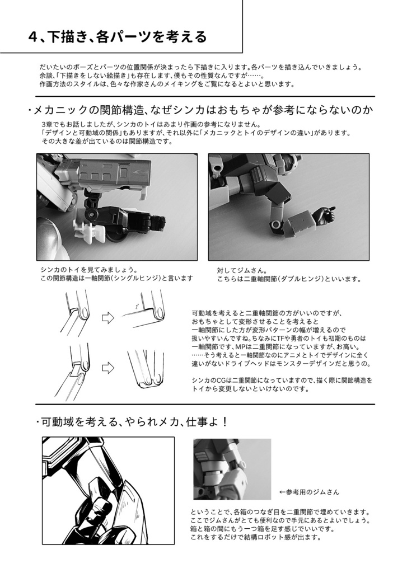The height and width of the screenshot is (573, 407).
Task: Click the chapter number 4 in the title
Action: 32,37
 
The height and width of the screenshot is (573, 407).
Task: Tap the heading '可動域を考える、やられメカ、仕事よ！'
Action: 134,421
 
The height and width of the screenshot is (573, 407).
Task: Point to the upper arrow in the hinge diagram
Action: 107,317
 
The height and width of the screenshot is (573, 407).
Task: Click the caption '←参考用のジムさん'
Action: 309,492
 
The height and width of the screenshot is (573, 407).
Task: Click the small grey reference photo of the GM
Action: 232,468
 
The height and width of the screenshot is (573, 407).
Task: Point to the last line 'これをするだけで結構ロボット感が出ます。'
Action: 255,537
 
